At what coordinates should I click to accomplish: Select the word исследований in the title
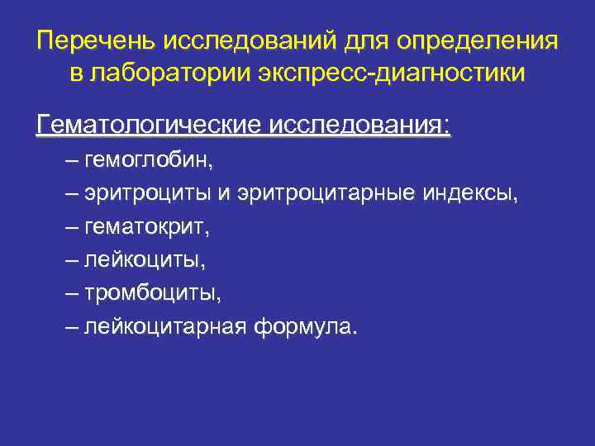(x=247, y=41)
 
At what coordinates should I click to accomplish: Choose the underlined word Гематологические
(x=150, y=126)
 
